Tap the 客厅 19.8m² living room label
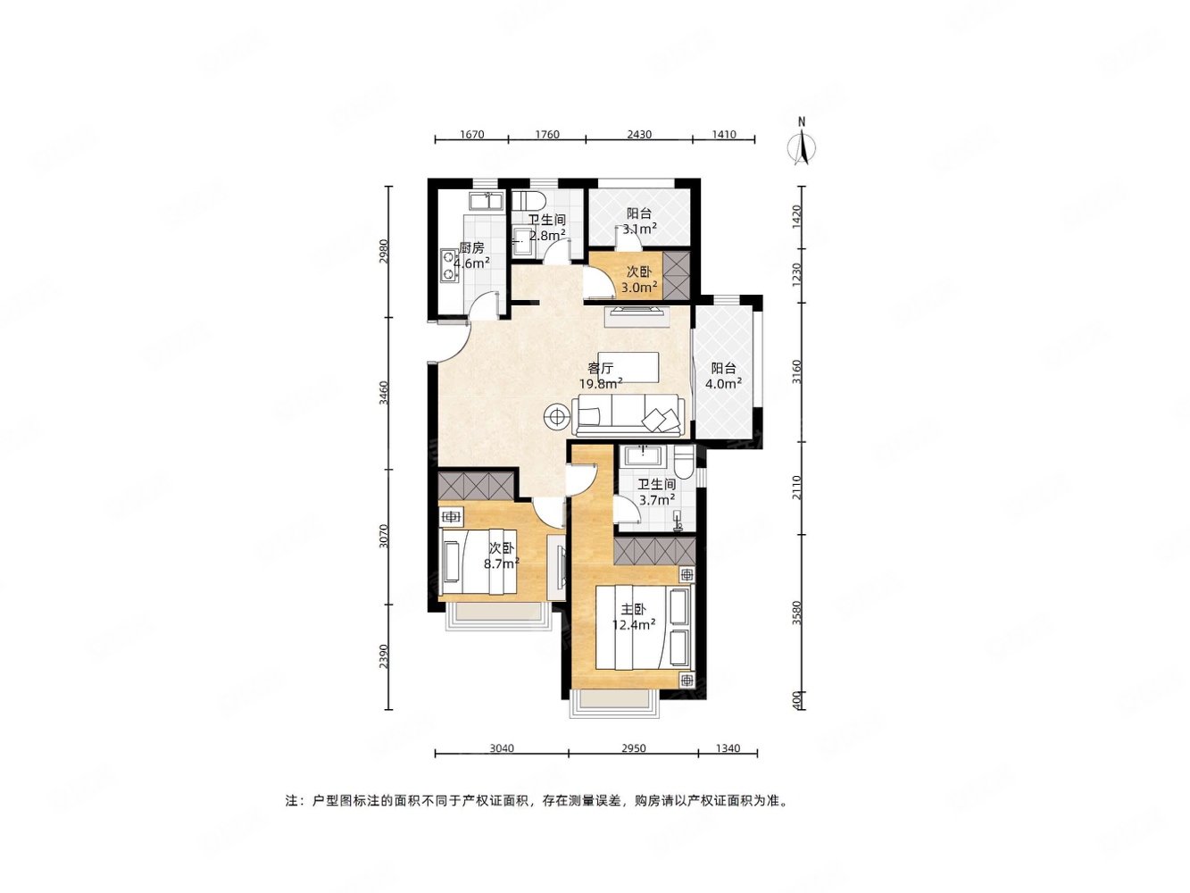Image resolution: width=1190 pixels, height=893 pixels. click(x=601, y=376)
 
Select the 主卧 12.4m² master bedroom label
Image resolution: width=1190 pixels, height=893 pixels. click(x=633, y=616)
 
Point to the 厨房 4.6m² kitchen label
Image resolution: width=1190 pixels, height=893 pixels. click(x=471, y=255)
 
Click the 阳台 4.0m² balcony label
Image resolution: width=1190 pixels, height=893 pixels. click(x=723, y=376)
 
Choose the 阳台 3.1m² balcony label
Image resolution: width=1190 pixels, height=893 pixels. click(x=638, y=221)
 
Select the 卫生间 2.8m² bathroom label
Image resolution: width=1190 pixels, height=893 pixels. click(x=547, y=228)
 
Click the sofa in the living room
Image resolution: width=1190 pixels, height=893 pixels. click(x=628, y=415)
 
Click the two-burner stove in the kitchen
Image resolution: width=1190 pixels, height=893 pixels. click(x=447, y=266)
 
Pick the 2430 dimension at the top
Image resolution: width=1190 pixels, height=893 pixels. click(x=639, y=135)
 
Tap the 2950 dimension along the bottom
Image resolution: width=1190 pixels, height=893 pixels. click(x=634, y=748)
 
